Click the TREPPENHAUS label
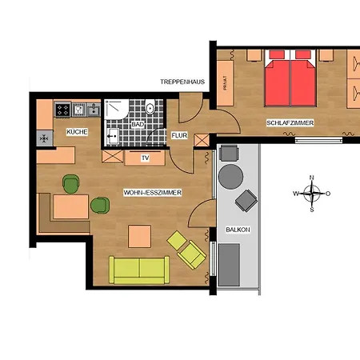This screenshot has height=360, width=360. tap(182, 82)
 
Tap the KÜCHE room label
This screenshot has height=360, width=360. tap(77, 132)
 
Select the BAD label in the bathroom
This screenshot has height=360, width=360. tap(138, 124)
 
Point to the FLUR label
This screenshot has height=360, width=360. tap(179, 135)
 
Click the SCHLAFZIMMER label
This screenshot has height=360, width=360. tap(290, 123)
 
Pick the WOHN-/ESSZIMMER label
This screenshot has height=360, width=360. tap(153, 193)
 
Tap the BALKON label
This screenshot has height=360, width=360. tap(238, 230)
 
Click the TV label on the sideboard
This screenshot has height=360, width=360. tap(145, 158)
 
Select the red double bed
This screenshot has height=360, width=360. tap(290, 78)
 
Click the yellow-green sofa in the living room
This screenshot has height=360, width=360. tap(139, 270)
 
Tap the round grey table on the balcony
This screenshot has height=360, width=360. tap(230, 177)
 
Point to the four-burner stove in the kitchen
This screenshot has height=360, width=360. tap(62, 110)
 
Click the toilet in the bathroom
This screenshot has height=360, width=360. tap(150, 106)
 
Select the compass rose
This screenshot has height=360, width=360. tap(312, 194)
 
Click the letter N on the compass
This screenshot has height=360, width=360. tap(312, 178)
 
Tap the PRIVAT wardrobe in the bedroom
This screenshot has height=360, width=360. tap(226, 83)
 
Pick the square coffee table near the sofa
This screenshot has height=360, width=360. tap(139, 237)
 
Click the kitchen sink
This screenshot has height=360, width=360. tap(94, 110)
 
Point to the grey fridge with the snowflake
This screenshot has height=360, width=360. tap(45, 138)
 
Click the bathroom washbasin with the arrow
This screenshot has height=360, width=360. tap(113, 136)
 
